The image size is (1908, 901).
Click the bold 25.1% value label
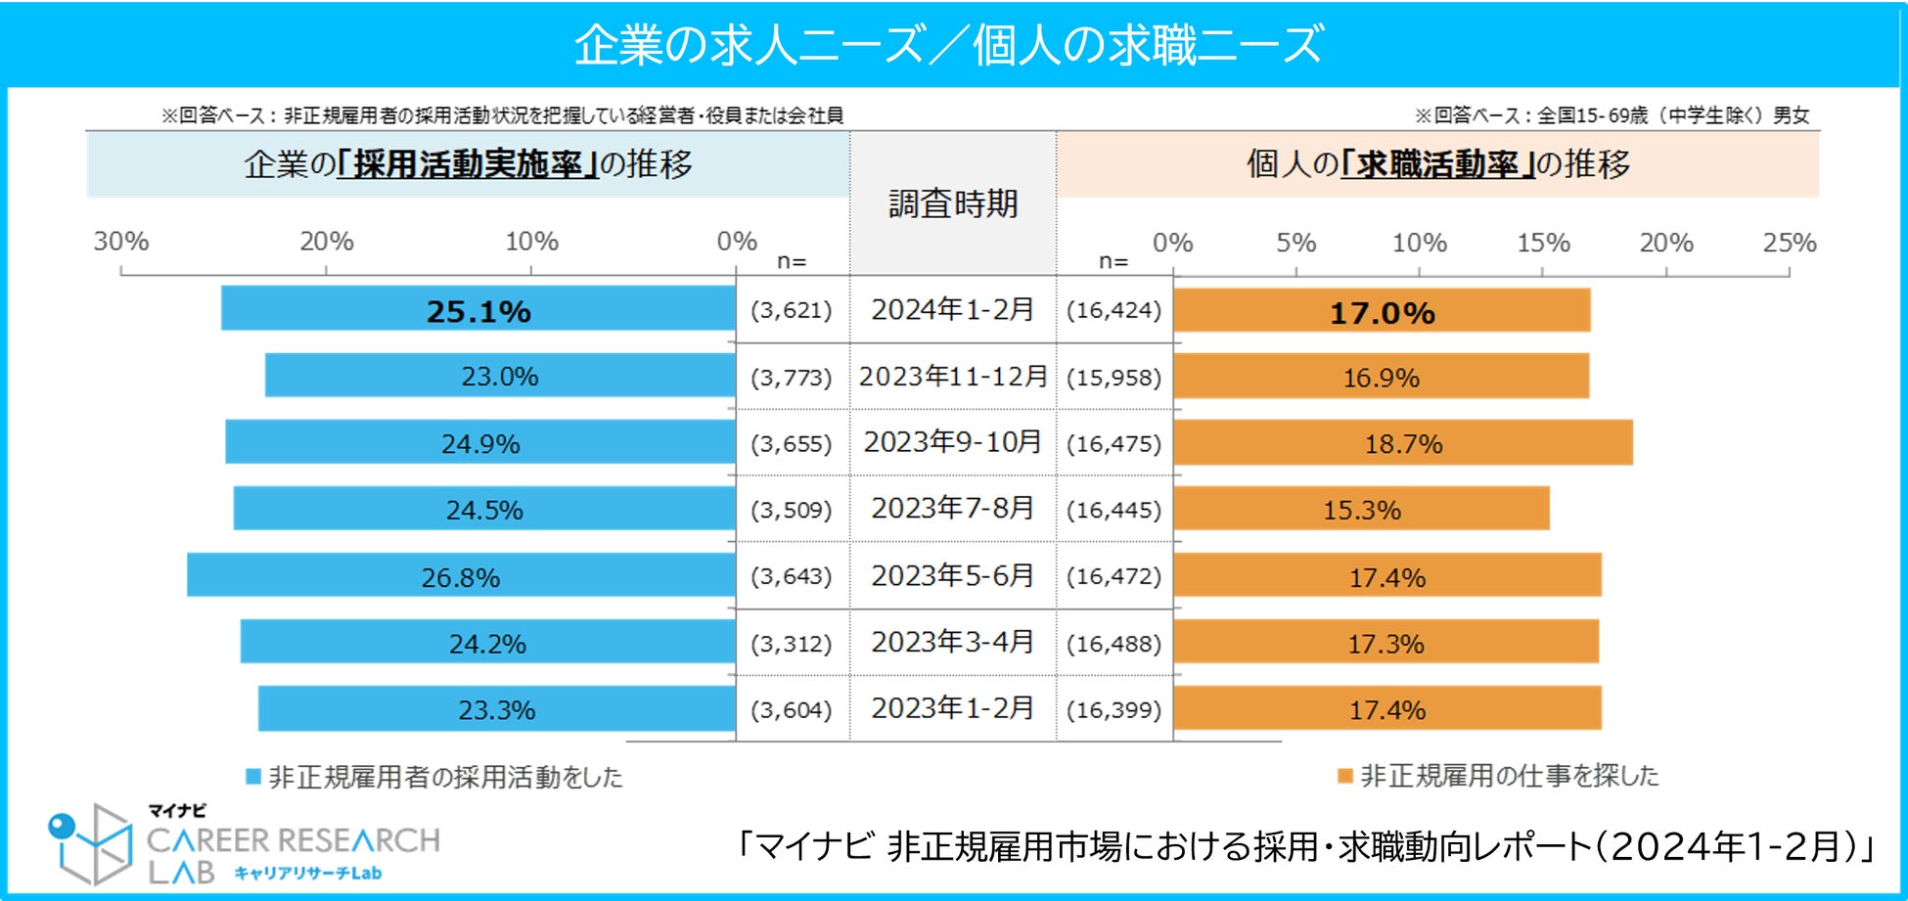pos(478,311)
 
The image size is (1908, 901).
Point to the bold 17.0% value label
pos(1382,313)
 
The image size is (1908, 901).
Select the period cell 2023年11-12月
pos(953,377)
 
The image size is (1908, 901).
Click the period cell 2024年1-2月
pos(953,310)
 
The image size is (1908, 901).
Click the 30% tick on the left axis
pos(121,242)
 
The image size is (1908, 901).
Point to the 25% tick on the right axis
pos(1790,243)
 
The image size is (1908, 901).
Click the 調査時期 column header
pos(953,203)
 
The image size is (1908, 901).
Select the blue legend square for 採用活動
pos(253,777)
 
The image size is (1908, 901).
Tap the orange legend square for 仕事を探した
pos(1345,776)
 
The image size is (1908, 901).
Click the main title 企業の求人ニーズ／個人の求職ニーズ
pos(949,45)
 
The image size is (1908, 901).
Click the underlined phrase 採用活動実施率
pos(468,164)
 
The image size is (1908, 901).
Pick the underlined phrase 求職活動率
pos(1437,164)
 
